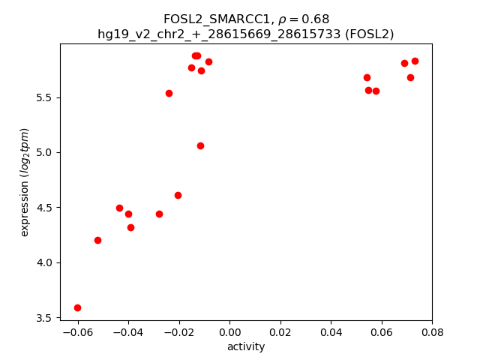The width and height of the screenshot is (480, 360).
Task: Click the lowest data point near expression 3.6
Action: coord(77,307)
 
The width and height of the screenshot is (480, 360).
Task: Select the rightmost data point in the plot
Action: coord(415,61)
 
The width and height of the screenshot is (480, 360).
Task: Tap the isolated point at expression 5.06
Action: coord(200,145)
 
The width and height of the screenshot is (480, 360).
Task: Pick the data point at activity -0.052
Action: coord(97,240)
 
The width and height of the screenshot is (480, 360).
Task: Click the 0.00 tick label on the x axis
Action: coord(229,332)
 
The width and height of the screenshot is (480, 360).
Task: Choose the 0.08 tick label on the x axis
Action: coord(432,332)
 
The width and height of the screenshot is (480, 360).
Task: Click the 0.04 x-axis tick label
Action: coord(331,332)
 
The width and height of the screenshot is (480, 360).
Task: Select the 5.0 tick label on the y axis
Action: coord(44,152)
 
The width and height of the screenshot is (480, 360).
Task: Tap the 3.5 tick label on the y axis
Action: coord(44,318)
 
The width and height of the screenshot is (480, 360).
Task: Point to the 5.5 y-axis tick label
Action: coord(44,97)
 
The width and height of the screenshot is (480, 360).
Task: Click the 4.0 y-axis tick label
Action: coord(44,262)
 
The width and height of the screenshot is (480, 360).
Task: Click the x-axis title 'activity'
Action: coord(246,346)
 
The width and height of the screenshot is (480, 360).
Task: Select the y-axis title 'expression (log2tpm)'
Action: coord(25,182)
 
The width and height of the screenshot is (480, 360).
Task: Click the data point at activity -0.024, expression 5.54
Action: coord(169,93)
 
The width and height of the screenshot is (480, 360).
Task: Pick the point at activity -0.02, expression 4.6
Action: coord(178,195)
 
